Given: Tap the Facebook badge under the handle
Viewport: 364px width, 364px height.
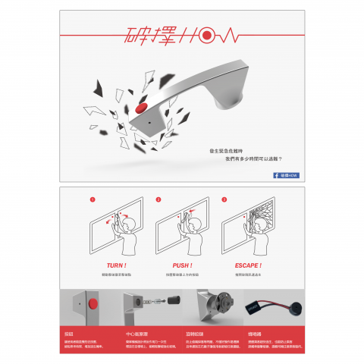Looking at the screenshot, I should (286, 175).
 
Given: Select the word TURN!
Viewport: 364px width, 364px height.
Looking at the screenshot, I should (116, 265).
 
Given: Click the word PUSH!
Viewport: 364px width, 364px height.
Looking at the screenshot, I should (182, 265).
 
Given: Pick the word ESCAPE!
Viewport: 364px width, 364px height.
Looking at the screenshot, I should (248, 265).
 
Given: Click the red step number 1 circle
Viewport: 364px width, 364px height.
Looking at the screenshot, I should (92, 200).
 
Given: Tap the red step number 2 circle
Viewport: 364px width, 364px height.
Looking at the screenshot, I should (158, 200).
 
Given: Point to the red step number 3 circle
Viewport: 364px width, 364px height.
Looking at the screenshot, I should (224, 200).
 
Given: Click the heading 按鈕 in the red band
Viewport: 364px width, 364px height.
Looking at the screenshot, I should (70, 334).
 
